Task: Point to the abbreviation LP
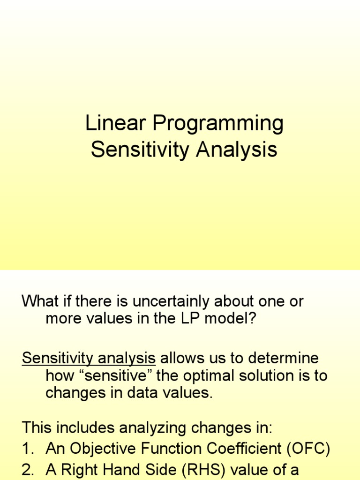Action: [187, 319]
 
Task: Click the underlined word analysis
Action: [128, 359]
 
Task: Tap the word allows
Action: [181, 359]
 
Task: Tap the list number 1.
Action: [27, 449]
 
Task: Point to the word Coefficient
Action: [238, 449]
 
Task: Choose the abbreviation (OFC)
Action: [307, 449]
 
